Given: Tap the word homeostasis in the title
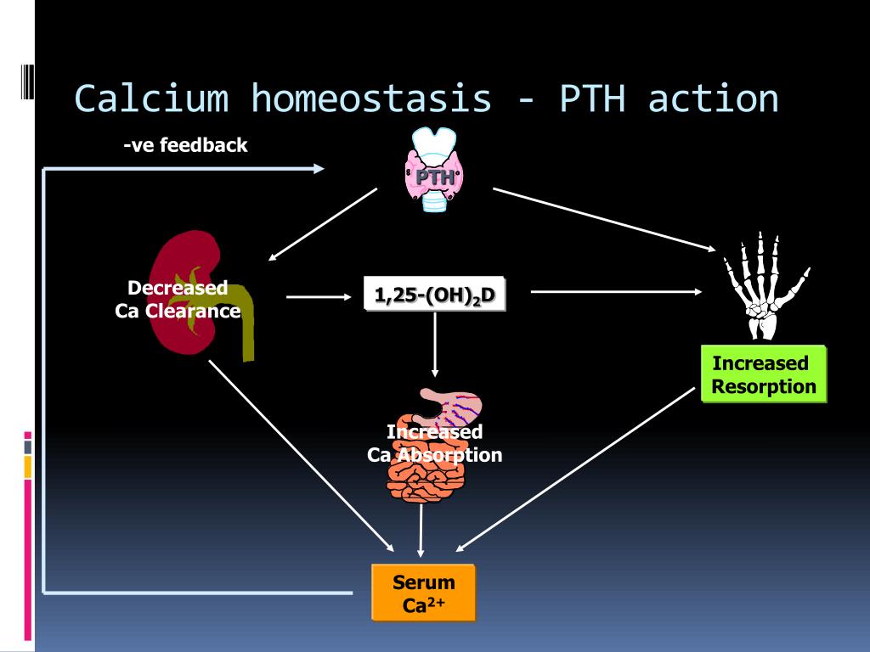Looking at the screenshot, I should point(371,98).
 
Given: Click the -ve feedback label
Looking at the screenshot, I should point(184,145).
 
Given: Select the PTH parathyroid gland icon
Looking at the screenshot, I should point(434,170).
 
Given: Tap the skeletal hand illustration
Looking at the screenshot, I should point(760,284).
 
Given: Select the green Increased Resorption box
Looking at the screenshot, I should point(763,374).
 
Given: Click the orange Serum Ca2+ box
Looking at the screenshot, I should point(423,593).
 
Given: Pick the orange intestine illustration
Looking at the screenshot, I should point(425,475).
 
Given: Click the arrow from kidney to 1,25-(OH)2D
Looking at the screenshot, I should point(319,296).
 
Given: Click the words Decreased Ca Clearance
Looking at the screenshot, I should point(178,299).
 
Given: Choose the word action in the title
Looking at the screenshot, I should point(713,98).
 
